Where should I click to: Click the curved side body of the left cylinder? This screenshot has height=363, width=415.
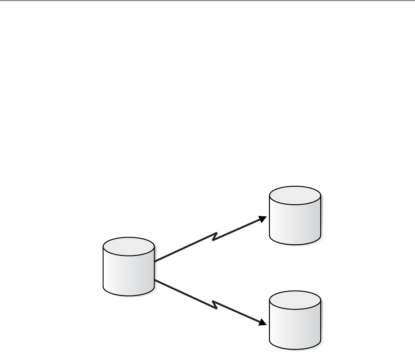pyautogui.click(x=128, y=274)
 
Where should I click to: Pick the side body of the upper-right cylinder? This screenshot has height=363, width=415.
pyautogui.click(x=295, y=223)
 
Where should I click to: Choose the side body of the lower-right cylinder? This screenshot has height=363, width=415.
pyautogui.click(x=295, y=327)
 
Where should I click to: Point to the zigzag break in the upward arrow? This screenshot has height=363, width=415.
pyautogui.click(x=215, y=237)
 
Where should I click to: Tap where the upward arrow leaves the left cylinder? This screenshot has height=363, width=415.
pyautogui.click(x=155, y=261)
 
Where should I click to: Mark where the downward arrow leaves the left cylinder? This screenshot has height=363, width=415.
pyautogui.click(x=155, y=281)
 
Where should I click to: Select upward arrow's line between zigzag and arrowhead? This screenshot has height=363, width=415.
pyautogui.click(x=238, y=229)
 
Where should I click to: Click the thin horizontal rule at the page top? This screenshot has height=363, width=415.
pyautogui.click(x=207, y=1)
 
